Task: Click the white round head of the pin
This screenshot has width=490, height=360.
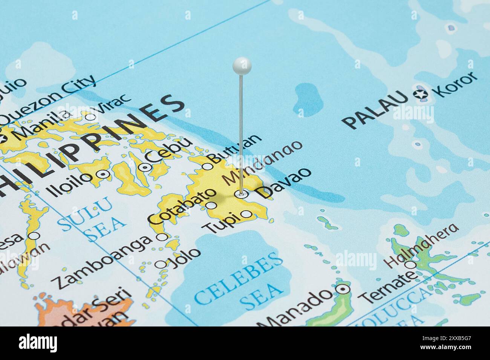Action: point(242,65)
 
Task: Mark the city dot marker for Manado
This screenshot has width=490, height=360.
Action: point(343,289)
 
